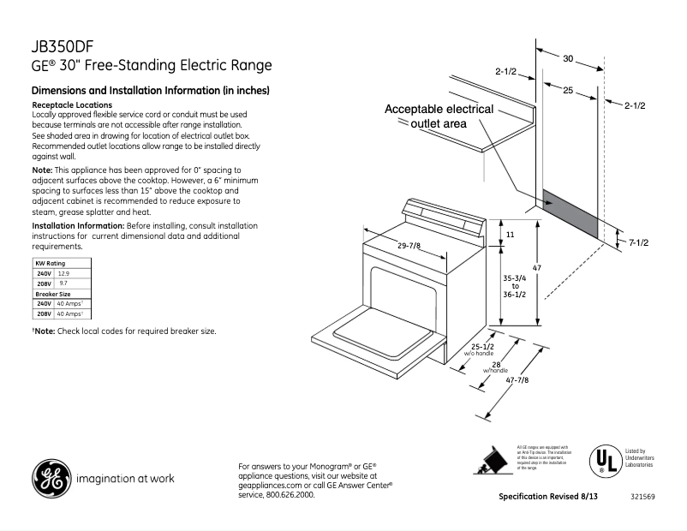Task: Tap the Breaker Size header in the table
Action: pos(53,293)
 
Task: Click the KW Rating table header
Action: pos(50,262)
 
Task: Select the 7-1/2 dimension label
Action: pos(638,243)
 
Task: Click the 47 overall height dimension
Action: pos(537,268)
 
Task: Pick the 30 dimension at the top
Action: pos(568,58)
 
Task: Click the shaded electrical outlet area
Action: pos(569,213)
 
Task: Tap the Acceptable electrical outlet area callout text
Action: pos(439,116)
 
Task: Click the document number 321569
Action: pos(643,497)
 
